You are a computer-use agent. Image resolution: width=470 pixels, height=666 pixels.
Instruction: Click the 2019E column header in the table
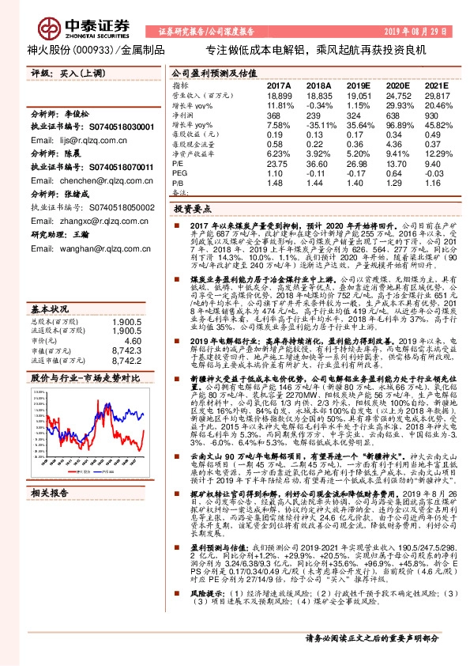coord(359,85)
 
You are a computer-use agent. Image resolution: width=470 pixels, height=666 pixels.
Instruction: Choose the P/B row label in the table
coord(178,182)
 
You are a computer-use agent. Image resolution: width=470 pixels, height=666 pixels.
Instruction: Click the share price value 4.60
coord(133,318)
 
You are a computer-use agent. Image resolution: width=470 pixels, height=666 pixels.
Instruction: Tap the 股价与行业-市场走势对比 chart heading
coord(85,378)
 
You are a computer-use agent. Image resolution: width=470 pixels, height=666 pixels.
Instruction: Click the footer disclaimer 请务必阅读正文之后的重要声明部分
coord(372,659)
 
